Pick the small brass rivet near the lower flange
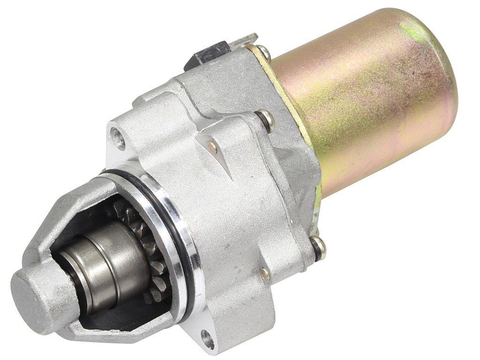pos(265,274)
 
